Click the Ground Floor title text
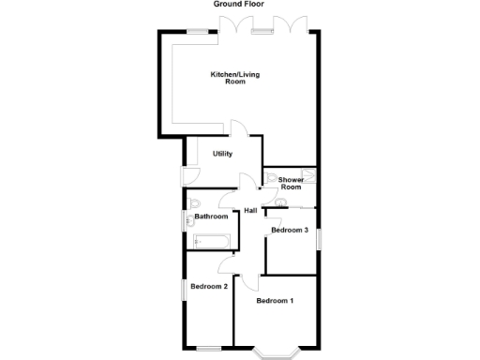click(x=239, y=5)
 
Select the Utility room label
click(x=222, y=154)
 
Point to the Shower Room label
click(x=291, y=183)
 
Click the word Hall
click(x=250, y=210)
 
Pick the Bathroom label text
click(x=211, y=217)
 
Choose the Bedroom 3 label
click(x=290, y=230)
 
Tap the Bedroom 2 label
click(x=209, y=286)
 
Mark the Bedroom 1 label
click(x=276, y=301)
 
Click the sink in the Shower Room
click(x=281, y=202)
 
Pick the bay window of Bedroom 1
click(x=276, y=353)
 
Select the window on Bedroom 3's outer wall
click(x=320, y=239)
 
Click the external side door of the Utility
click(x=184, y=174)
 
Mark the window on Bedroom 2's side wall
click(x=182, y=289)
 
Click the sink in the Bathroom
click(x=187, y=222)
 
